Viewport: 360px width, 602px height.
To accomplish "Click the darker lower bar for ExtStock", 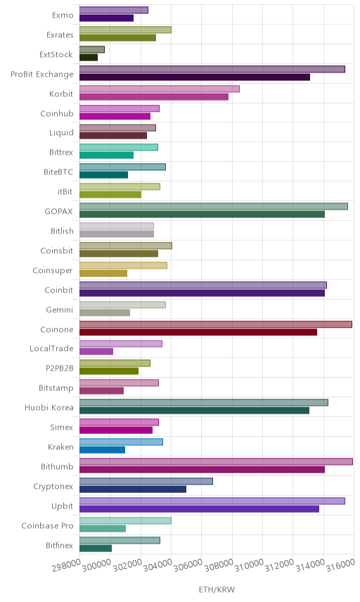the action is pos(89,58).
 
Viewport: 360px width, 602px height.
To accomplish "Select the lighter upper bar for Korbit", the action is pos(160,89).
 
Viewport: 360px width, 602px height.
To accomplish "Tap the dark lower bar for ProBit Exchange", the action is pos(195,77).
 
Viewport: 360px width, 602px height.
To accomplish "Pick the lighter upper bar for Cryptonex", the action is pos(146,482).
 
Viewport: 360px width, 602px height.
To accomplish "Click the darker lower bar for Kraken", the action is pos(103,450).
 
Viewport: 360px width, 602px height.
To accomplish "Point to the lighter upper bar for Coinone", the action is pos(216,324).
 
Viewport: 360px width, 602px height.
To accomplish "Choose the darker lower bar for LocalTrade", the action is pos(96,352).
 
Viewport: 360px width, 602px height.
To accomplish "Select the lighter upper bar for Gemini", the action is pos(123,305).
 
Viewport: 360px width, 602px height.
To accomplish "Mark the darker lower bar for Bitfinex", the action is pos(96,549).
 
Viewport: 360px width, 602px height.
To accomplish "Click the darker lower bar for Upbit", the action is pos(199,509).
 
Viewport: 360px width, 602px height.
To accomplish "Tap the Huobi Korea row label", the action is pos(49,408).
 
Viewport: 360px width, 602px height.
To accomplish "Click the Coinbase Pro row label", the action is pos(47,525).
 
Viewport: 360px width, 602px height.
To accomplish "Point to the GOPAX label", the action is pos(59,211).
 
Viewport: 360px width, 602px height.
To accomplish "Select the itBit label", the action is pos(65,191).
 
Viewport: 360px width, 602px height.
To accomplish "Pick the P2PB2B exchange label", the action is pos(60,369).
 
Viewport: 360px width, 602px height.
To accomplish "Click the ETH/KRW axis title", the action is pos(217,589).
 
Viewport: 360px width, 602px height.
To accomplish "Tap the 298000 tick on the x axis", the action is pos(67,565).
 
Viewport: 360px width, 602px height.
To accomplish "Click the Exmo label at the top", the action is pos(63,15).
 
